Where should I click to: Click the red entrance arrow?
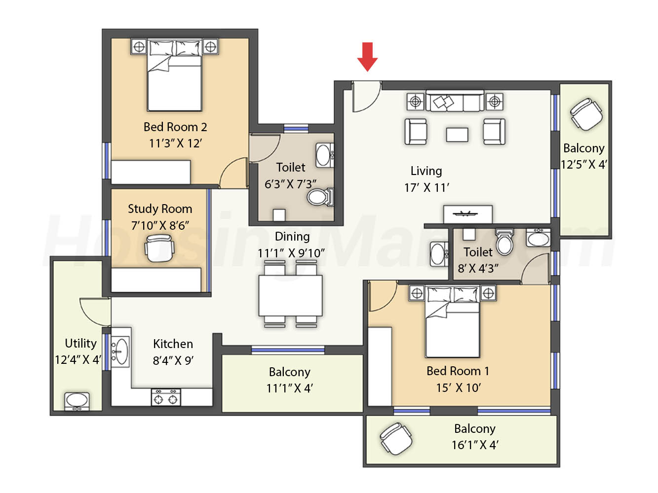pos(367,57)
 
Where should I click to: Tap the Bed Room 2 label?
pos(175,127)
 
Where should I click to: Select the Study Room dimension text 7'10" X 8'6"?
pos(160,225)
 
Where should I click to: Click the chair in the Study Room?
pos(159,248)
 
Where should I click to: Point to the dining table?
pos(290,296)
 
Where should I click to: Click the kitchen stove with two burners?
pos(166,397)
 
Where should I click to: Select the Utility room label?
pos(80,343)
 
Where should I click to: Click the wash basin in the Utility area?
pos(77,401)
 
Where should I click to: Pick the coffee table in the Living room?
pos(457,135)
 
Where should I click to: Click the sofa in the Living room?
pos(455,101)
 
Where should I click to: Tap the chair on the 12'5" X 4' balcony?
pos(586,115)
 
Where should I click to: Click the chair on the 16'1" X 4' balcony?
pos(396,439)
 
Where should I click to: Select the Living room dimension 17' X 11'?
pos(426,188)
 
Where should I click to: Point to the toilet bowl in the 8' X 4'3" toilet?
pos(504,242)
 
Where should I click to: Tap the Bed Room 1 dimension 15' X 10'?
pos(459,387)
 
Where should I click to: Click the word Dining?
pos(292,237)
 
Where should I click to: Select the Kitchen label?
pos(173,344)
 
